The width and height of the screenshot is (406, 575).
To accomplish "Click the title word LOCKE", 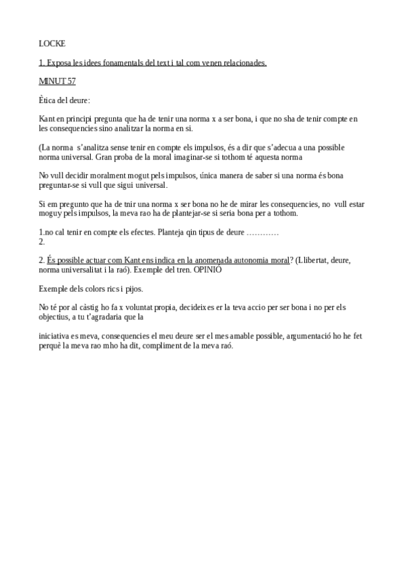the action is point(52,44).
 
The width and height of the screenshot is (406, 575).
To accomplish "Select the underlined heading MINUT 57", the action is point(58,81).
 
